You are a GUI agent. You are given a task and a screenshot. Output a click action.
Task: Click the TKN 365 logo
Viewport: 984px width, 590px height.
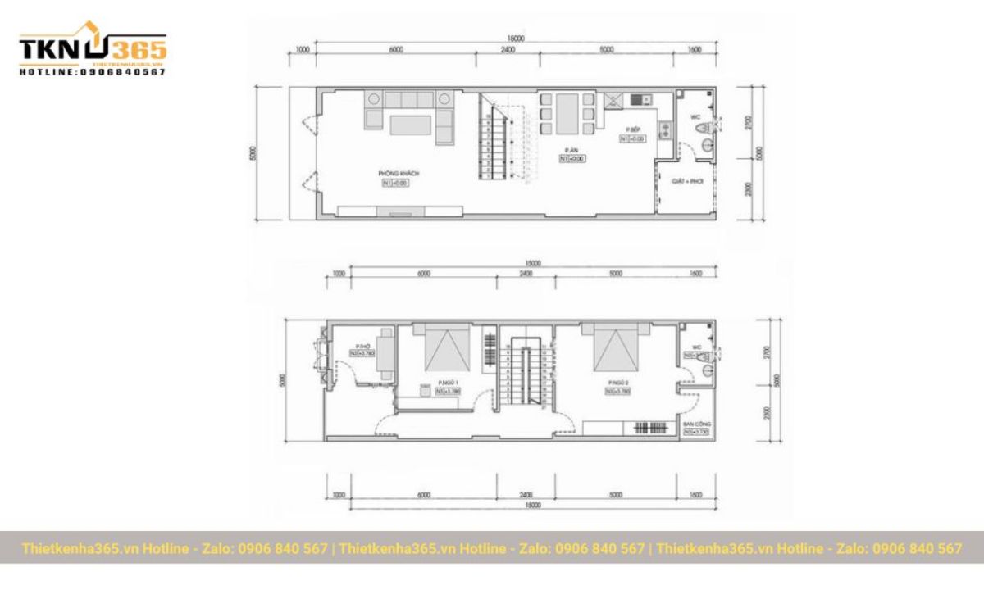coord(93,52)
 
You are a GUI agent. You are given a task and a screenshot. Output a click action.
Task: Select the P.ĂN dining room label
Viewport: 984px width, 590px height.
coord(572,150)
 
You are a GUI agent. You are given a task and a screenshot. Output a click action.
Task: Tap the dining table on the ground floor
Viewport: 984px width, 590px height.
coord(567,112)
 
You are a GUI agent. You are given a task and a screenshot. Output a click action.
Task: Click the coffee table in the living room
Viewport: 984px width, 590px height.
coord(410,125)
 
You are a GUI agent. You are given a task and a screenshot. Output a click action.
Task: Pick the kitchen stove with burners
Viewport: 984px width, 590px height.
coord(665,129)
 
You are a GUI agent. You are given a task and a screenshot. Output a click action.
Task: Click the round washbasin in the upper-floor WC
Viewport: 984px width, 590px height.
coord(706,370)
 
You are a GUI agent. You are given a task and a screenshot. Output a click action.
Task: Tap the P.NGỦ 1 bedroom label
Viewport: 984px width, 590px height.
coord(448,383)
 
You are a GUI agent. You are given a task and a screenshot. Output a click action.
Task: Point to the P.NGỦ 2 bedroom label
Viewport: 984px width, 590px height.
coord(618,383)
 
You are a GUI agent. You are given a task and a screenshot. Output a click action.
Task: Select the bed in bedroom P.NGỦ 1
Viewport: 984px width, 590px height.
coord(446,347)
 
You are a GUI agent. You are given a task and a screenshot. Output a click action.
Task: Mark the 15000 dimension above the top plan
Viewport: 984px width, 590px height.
coord(516,39)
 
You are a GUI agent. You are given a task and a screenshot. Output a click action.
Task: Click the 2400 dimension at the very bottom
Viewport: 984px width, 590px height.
coord(526,495)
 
